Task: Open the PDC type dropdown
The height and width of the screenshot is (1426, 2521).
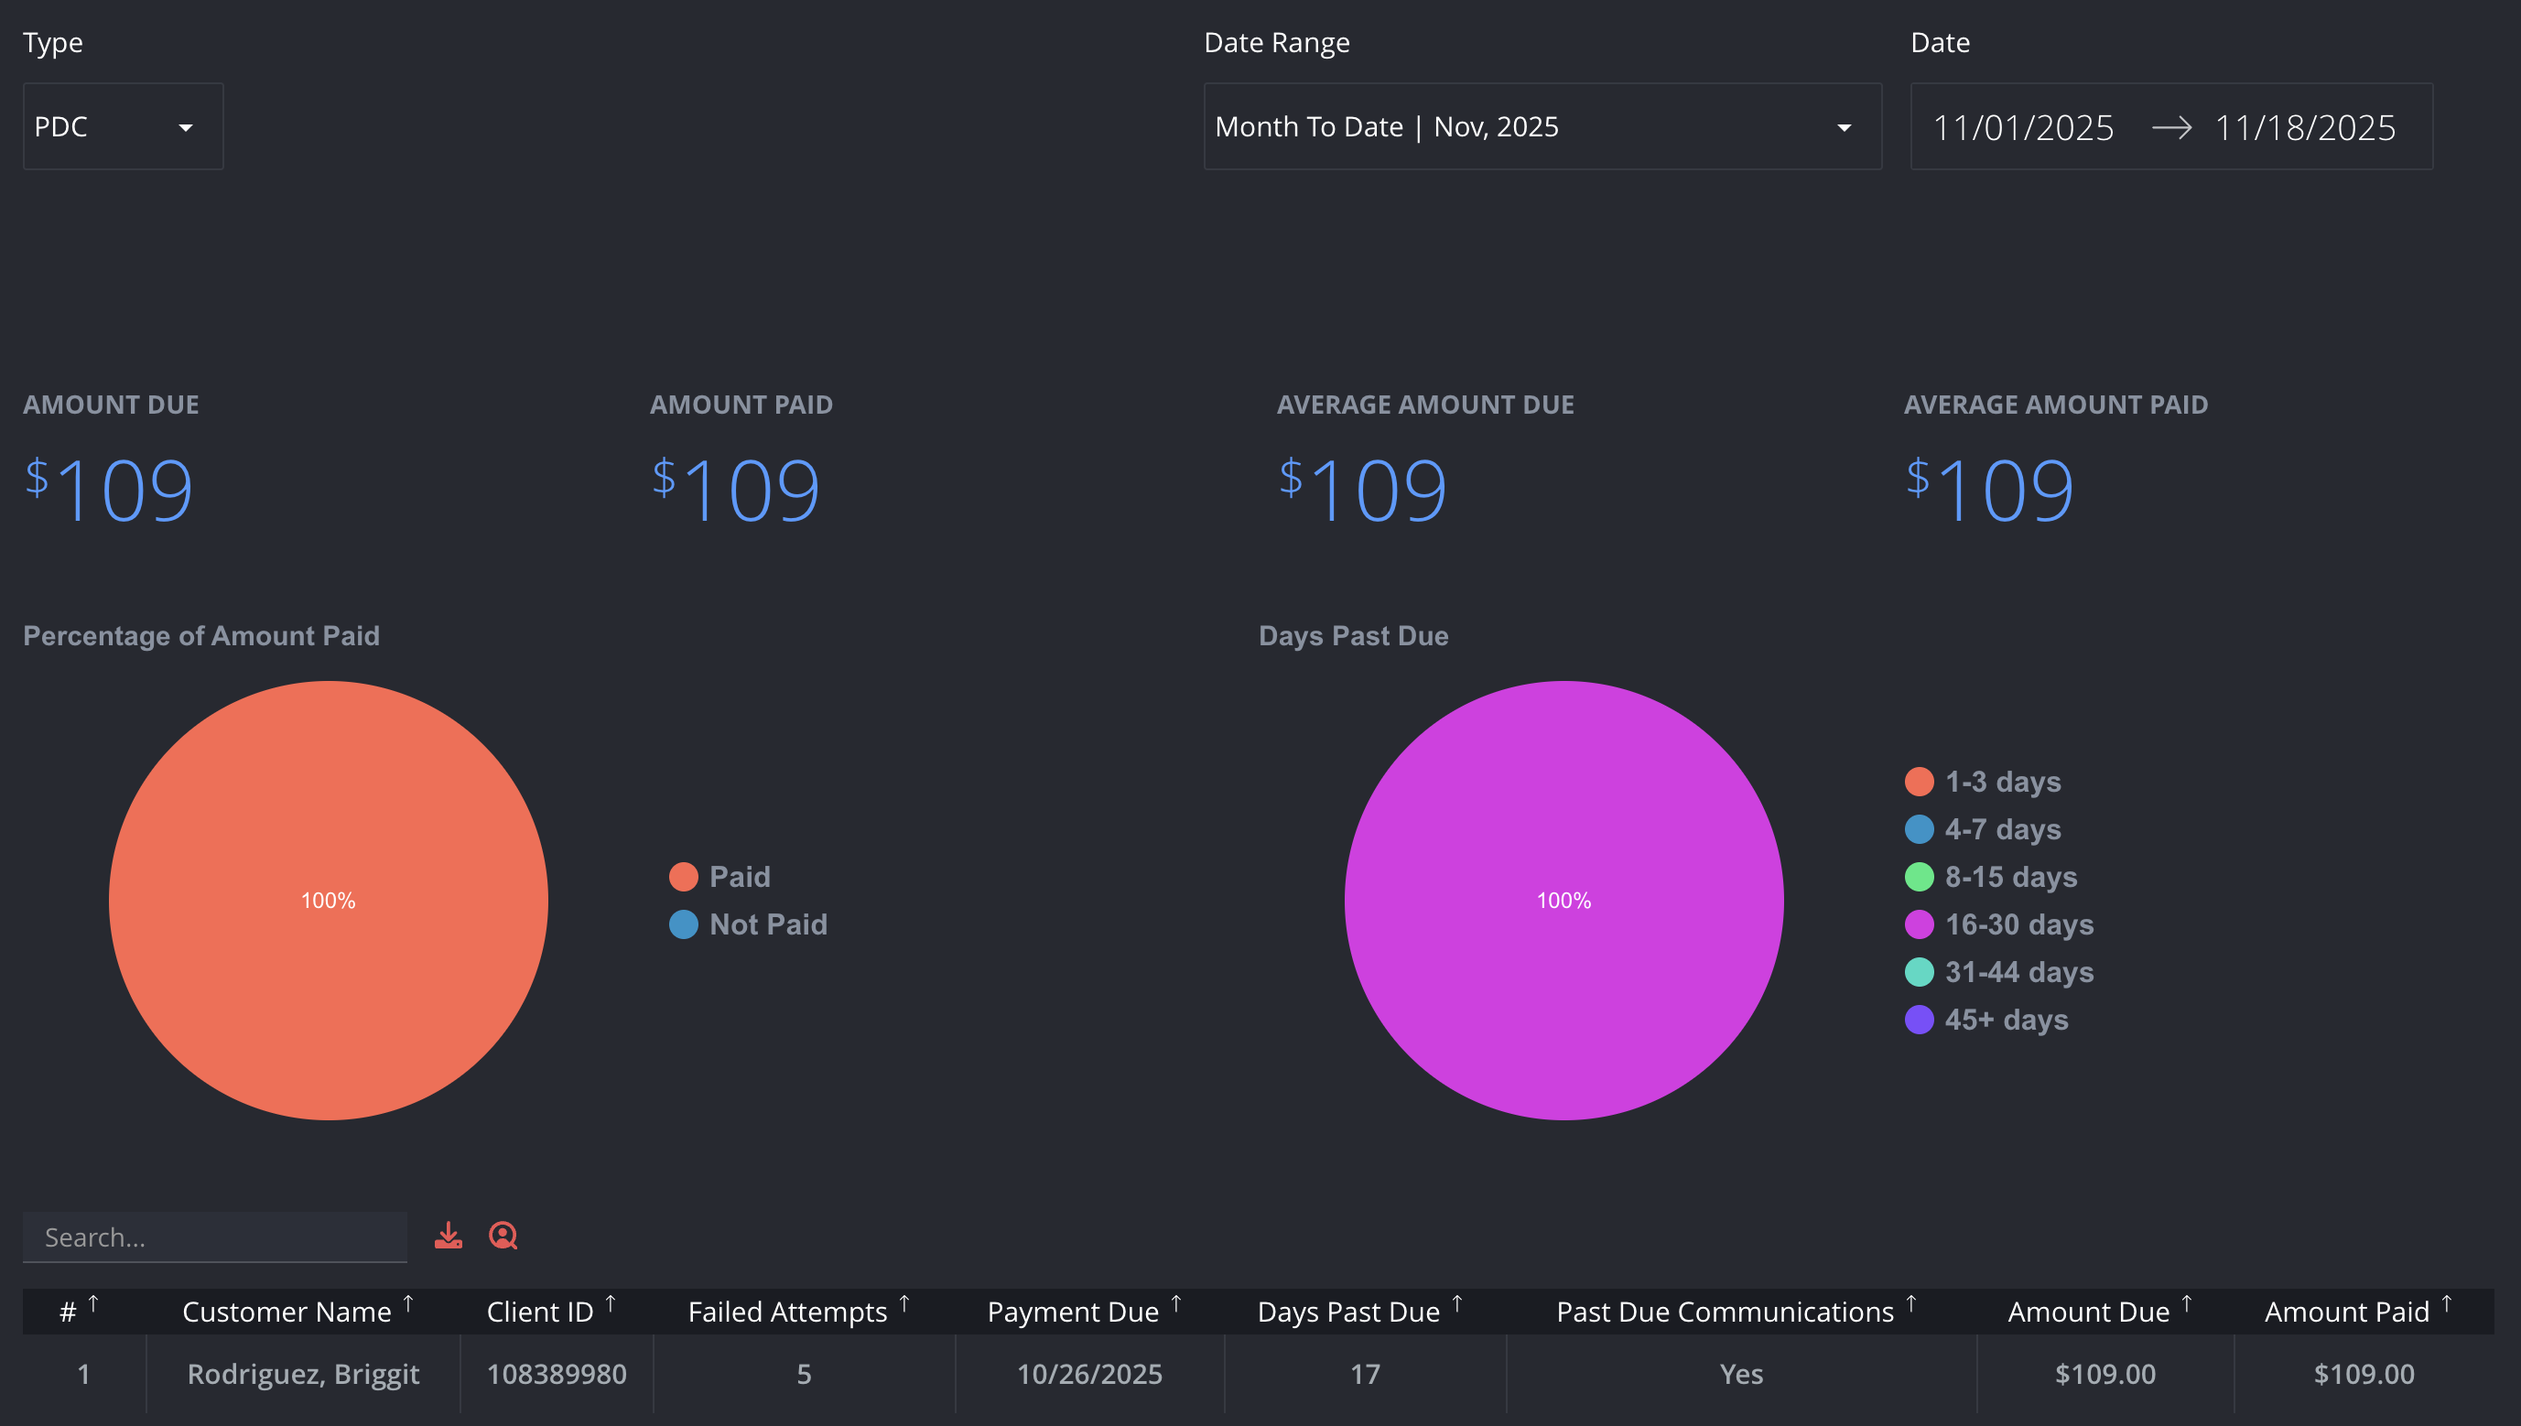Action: coord(124,126)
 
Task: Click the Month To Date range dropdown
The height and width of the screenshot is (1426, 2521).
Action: coord(1542,126)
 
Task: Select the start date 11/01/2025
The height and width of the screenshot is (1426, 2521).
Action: coord(2023,127)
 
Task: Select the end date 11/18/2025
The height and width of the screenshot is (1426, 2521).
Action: coord(2306,127)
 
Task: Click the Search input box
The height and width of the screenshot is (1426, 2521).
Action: coord(214,1237)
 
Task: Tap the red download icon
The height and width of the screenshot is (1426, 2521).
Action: coord(449,1236)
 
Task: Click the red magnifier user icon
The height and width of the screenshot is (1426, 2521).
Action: coord(503,1236)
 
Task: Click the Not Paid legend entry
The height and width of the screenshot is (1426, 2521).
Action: coord(749,924)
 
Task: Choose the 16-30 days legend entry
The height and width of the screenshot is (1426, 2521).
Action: coord(2000,924)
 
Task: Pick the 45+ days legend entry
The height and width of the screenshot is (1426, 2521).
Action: coord(1987,1020)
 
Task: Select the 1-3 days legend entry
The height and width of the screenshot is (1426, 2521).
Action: coord(1984,782)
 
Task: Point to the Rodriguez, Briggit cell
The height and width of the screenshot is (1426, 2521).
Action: coord(304,1374)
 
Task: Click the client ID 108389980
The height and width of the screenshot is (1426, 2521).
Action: coord(557,1374)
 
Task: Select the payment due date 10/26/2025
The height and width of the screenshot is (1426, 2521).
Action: coord(1090,1374)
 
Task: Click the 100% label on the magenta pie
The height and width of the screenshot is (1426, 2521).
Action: coord(1564,901)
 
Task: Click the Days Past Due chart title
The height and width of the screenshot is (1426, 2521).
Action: coord(1354,635)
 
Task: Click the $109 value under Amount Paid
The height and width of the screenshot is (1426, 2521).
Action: coord(737,490)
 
